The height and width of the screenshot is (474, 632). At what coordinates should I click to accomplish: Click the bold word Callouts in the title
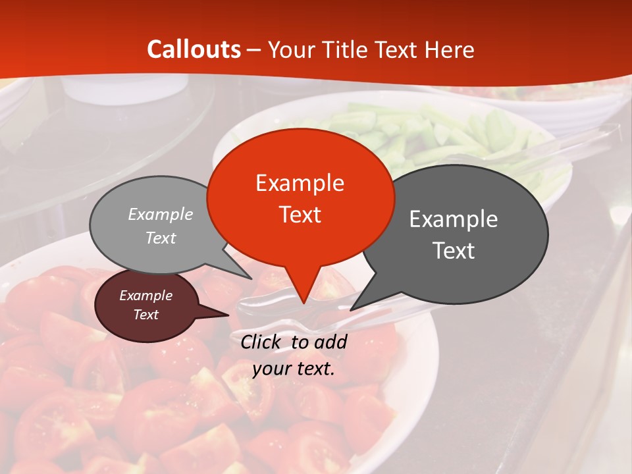click(x=194, y=49)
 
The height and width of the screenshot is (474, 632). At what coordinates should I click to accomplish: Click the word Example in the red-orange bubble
click(x=300, y=183)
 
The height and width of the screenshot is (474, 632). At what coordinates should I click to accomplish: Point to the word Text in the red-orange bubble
click(x=300, y=215)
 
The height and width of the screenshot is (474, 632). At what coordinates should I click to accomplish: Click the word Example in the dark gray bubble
click(x=454, y=219)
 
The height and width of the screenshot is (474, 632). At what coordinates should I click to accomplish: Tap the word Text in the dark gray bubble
click(x=454, y=251)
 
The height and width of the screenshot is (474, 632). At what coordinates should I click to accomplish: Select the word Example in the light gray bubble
click(x=161, y=214)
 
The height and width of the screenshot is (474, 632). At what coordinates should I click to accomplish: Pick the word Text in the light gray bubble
click(x=161, y=238)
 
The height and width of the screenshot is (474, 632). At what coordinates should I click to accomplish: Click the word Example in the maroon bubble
click(x=145, y=296)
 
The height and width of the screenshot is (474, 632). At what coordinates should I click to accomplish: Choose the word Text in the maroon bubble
click(x=145, y=315)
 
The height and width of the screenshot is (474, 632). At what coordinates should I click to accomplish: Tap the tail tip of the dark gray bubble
click(x=352, y=309)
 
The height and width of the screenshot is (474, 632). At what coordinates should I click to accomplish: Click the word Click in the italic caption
click(x=261, y=342)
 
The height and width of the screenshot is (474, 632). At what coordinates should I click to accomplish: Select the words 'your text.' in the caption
click(x=294, y=369)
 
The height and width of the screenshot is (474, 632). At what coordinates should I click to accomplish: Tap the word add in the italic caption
click(x=330, y=342)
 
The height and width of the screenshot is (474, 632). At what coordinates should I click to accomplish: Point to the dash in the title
click(x=254, y=49)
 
